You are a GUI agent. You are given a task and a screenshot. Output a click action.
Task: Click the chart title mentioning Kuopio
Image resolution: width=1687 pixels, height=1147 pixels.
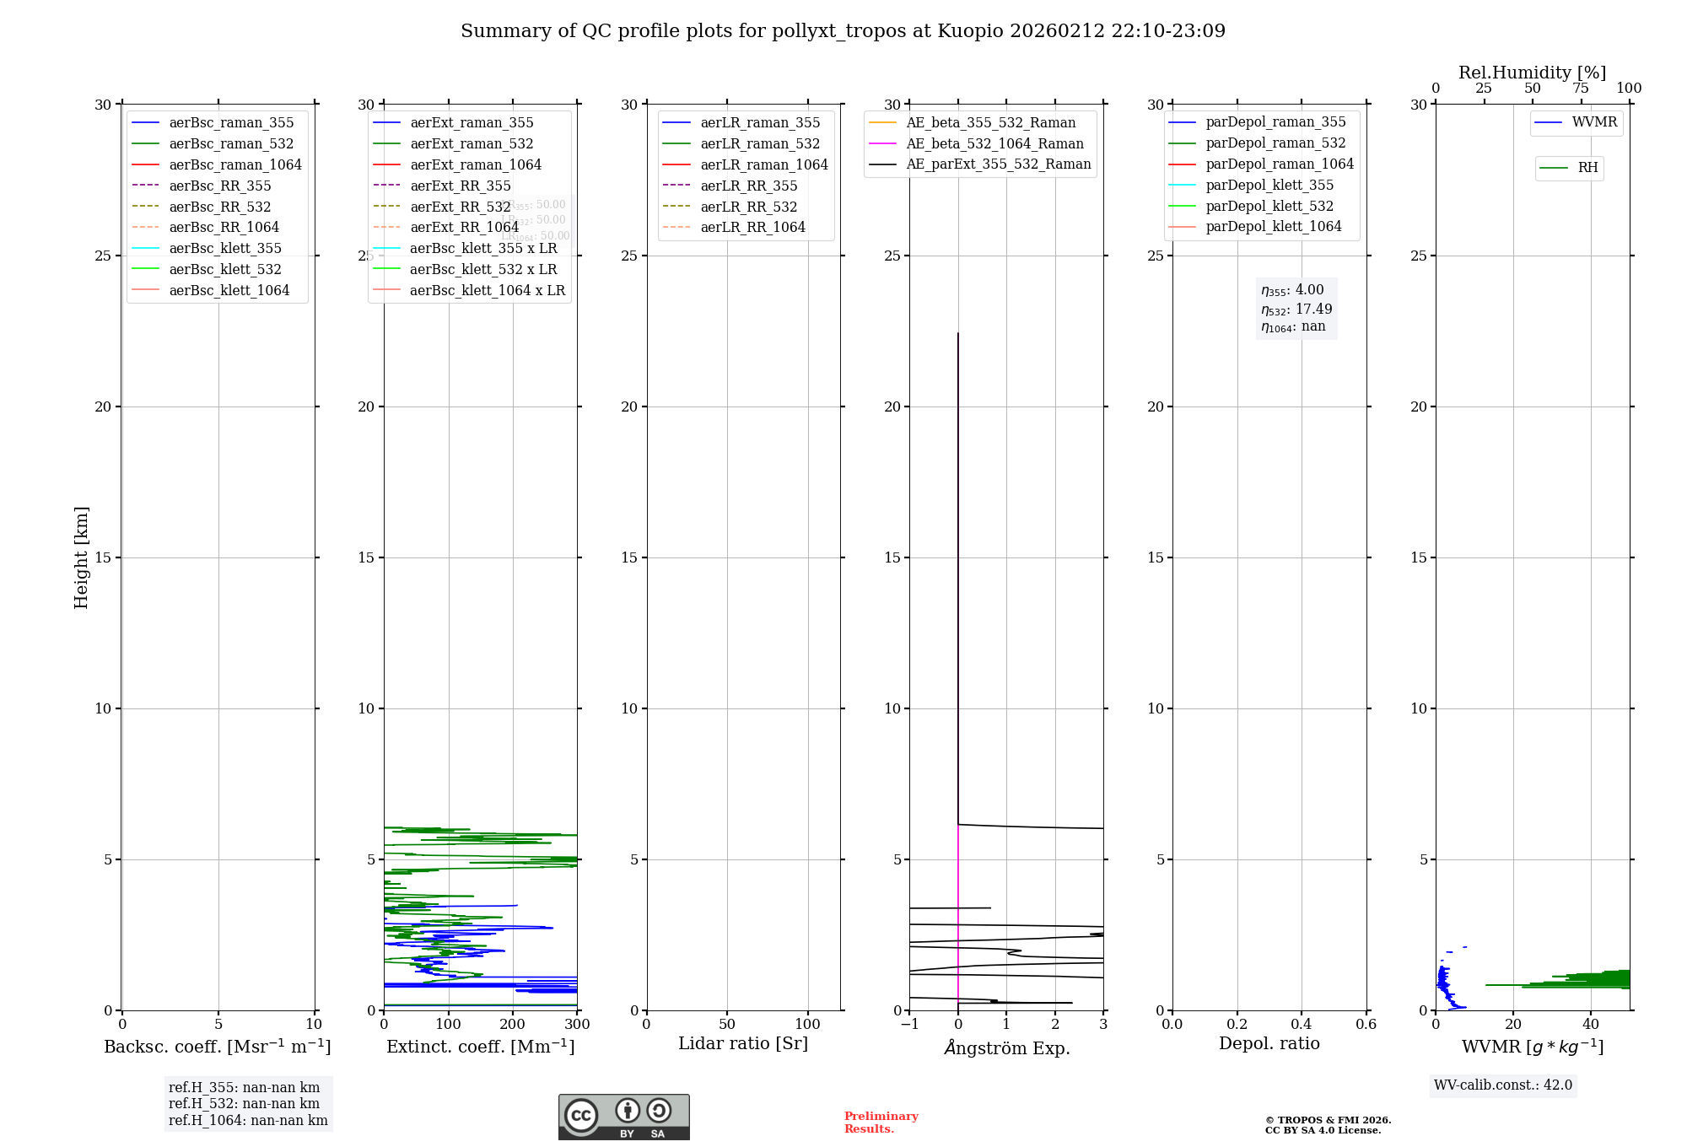pyautogui.click(x=843, y=31)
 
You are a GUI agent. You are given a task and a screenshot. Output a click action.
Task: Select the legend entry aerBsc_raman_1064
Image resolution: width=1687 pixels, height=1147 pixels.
pyautogui.click(x=234, y=164)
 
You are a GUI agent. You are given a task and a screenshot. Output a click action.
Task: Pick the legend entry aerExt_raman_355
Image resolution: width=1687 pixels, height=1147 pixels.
pyautogui.click(x=472, y=123)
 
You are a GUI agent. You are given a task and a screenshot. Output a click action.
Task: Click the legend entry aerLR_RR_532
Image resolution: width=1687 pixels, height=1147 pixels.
pyautogui.click(x=748, y=207)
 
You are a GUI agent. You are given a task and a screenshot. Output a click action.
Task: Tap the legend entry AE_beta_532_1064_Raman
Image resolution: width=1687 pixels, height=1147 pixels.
pyautogui.click(x=994, y=143)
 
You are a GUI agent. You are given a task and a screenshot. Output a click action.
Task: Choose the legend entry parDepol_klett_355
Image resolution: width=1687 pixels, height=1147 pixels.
pyautogui.click(x=1269, y=185)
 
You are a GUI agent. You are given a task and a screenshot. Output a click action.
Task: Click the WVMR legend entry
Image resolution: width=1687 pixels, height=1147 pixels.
pyautogui.click(x=1594, y=122)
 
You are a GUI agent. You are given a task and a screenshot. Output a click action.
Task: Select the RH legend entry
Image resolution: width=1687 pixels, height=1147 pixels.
pyautogui.click(x=1587, y=168)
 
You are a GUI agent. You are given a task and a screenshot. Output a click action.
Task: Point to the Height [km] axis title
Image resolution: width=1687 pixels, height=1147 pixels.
pyautogui.click(x=81, y=557)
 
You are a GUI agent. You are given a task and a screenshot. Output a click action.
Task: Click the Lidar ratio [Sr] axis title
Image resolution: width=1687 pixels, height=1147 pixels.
pyautogui.click(x=743, y=1043)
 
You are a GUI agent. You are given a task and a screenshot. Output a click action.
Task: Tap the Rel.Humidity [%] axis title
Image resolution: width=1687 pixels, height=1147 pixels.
pyautogui.click(x=1532, y=73)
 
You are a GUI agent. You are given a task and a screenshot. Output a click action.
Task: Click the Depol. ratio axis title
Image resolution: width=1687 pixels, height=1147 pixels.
pyautogui.click(x=1269, y=1043)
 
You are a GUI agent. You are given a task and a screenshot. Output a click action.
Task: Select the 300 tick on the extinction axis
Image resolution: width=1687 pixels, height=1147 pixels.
pyautogui.click(x=577, y=1025)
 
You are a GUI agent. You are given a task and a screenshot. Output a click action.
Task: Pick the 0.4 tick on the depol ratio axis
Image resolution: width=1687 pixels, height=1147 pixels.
pyautogui.click(x=1301, y=1025)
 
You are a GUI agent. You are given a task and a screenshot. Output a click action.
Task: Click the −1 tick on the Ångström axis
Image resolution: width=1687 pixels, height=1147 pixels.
pyautogui.click(x=909, y=1025)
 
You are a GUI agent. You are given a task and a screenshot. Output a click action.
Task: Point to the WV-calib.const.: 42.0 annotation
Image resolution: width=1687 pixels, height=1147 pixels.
pyautogui.click(x=1503, y=1085)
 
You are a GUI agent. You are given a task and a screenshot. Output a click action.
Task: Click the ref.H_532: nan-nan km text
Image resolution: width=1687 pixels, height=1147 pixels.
pyautogui.click(x=244, y=1103)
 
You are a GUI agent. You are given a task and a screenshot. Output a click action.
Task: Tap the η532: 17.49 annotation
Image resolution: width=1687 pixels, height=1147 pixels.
pyautogui.click(x=1296, y=310)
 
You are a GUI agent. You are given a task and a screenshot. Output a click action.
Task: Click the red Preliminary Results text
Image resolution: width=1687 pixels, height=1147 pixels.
pyautogui.click(x=881, y=1123)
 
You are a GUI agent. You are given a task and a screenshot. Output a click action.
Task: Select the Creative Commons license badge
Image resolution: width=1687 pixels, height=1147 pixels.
pyautogui.click(x=623, y=1117)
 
